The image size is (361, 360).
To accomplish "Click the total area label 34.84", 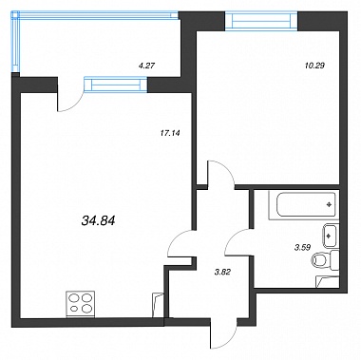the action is (98, 220).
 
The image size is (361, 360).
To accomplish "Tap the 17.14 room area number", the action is (169, 133).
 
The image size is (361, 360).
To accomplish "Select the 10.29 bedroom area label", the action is (313, 66).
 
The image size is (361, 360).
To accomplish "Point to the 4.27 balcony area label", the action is (146, 66).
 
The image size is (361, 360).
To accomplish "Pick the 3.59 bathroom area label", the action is (302, 248).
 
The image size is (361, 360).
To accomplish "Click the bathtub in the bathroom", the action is (302, 204).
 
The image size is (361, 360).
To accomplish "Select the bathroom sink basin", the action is (331, 237).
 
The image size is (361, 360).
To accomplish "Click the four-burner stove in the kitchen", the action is (81, 304).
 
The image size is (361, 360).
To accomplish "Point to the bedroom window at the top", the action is (261, 21).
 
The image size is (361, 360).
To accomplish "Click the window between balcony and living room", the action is (116, 85).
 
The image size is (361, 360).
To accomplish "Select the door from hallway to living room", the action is (179, 240).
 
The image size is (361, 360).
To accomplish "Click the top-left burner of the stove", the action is (74, 298).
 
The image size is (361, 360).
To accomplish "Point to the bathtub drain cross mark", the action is (329, 204).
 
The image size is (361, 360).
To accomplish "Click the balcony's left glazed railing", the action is (15, 41).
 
